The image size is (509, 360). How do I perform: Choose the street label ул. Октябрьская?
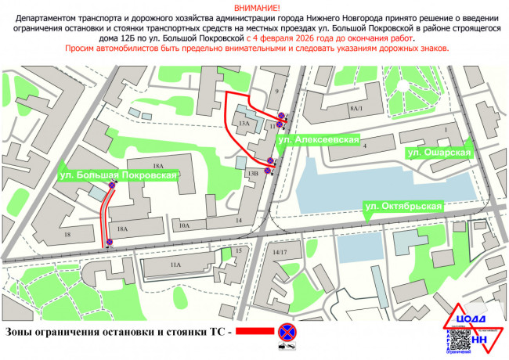click(x=404, y=207)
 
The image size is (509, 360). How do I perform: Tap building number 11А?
click(x=175, y=265)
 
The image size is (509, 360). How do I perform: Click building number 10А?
click(x=185, y=225)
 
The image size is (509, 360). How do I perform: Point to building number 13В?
click(x=252, y=172)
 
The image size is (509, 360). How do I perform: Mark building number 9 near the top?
click(x=276, y=92)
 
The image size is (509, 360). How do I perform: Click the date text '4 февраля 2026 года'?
click(x=295, y=37)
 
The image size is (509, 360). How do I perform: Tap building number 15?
click(x=237, y=250)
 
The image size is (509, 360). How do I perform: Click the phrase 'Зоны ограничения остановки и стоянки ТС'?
click(x=115, y=332)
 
